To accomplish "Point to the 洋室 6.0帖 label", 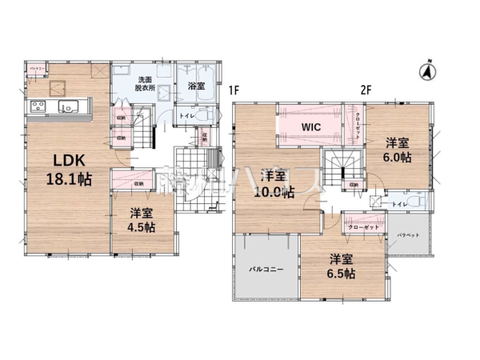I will pos(397,150).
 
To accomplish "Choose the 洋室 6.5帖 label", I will pos(341,266).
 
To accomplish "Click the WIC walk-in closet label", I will pos(311,126).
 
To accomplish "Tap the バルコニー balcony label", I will pos(265,270).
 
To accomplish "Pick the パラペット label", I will pos(408,234).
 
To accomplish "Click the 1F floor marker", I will pos(234,90).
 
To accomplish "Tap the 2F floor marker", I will pos(366,90).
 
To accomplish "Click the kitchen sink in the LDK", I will pos(69,106).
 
